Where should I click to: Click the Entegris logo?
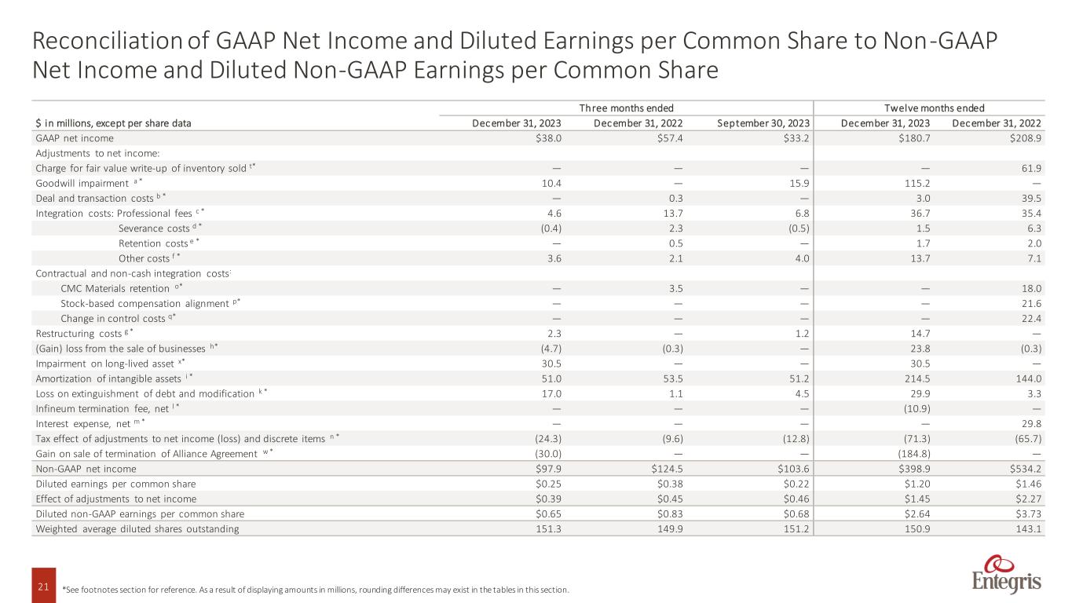pos(1006,573)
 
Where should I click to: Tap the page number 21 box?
pos(43,585)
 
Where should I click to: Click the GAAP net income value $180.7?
pos(914,138)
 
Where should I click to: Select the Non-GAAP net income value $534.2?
pos(1025,469)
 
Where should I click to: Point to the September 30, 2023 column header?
pos(763,123)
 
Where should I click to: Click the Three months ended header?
pos(626,108)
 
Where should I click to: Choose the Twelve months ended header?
pos(935,108)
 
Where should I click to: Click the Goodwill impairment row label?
pos(82,183)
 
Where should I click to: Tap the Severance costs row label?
pos(154,228)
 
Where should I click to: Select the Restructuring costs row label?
pos(79,334)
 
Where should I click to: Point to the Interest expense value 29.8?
pos(1031,423)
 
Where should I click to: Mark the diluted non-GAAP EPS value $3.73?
pos(1029,514)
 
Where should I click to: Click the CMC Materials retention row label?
pos(115,289)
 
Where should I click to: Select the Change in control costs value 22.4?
pos(1031,319)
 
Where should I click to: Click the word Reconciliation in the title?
pos(108,41)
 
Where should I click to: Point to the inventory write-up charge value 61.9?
pos(1031,169)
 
